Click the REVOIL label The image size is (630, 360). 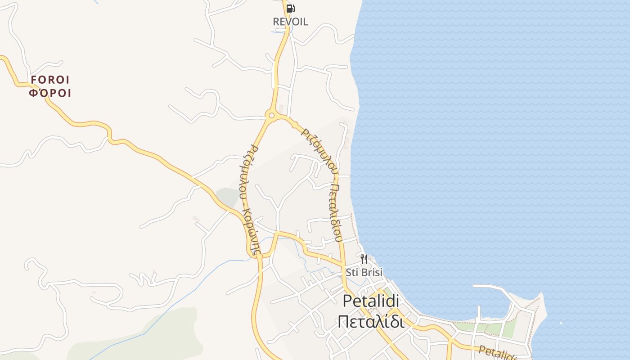click(x=290, y=22)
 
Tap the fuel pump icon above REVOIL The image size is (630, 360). click(x=290, y=8)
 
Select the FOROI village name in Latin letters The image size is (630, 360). click(x=50, y=80)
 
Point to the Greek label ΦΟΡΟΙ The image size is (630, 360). click(x=50, y=94)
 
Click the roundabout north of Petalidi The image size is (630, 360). click(x=271, y=116)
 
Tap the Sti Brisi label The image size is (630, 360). click(x=364, y=272)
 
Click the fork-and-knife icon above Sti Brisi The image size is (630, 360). click(x=364, y=259)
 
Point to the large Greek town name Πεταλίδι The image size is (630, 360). click(x=371, y=321)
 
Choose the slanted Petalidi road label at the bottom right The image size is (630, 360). click(x=497, y=352)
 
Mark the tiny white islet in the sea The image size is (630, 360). click(x=561, y=323)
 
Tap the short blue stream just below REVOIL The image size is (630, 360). click(x=279, y=32)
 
